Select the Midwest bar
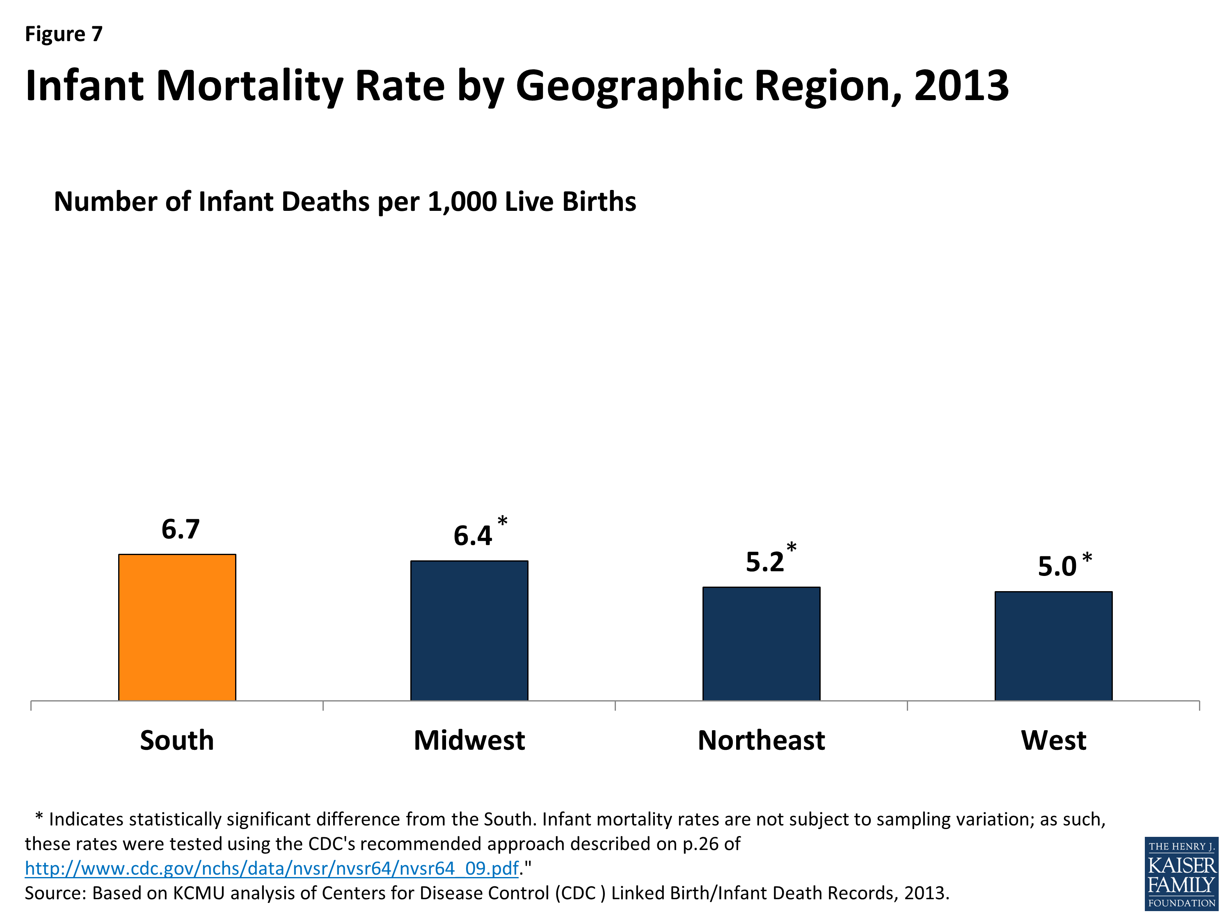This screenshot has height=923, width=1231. coord(469,631)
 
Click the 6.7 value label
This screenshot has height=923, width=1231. coord(180,529)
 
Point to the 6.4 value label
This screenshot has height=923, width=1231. coord(472,536)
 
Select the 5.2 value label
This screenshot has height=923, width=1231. coord(764,562)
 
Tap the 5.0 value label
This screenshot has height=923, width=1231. coord(1057,567)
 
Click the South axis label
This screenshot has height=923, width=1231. coord(177,740)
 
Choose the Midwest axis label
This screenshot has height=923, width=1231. coord(469,740)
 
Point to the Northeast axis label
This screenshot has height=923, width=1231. coord(761,740)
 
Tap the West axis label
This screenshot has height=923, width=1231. coord(1053,740)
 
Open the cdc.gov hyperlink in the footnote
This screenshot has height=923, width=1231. coord(272,868)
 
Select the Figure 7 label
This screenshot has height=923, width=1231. coord(64,34)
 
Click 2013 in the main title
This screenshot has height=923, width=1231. coord(961,86)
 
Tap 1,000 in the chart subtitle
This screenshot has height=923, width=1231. coord(462,201)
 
